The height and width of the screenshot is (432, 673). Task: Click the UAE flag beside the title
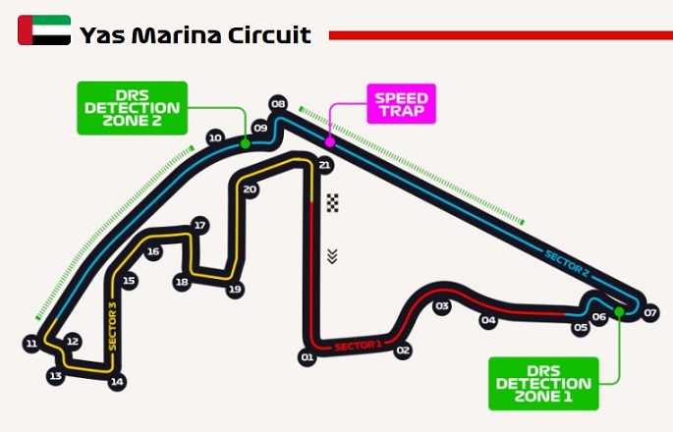(x=44, y=30)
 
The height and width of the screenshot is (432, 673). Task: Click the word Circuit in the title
(x=269, y=34)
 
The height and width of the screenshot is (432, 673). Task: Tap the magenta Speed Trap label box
(x=401, y=104)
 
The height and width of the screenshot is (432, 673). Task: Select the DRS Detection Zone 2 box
(x=133, y=108)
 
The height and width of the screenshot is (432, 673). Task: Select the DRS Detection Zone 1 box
(x=543, y=384)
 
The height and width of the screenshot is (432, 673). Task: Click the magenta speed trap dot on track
(x=330, y=141)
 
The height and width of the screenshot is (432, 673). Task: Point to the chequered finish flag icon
(x=333, y=203)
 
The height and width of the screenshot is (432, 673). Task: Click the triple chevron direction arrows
(x=332, y=256)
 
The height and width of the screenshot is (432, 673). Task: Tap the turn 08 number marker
(x=278, y=104)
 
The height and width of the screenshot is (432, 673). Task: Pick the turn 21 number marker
(x=324, y=165)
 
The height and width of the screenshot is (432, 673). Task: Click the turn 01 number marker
(x=308, y=357)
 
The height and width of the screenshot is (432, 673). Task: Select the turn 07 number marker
(x=650, y=313)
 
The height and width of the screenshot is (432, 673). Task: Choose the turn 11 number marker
(x=31, y=344)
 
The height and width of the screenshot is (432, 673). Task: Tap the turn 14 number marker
(x=117, y=382)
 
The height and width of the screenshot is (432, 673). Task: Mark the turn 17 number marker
(x=199, y=225)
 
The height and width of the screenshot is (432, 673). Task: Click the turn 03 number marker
(x=442, y=306)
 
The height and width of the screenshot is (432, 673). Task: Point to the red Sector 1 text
(x=358, y=346)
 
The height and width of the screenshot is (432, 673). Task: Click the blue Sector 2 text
(x=567, y=263)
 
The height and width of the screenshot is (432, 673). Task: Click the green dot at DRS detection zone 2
(x=245, y=143)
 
